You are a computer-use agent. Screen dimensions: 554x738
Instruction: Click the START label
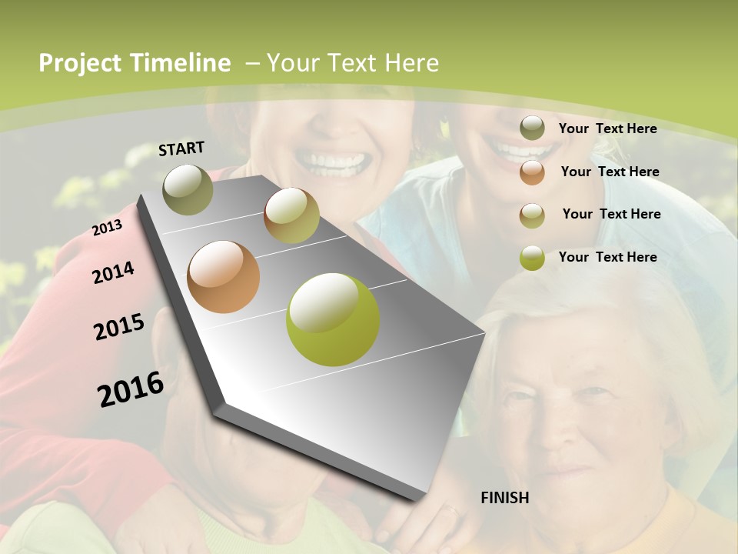click(181, 149)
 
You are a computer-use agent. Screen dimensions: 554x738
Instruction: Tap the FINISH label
click(504, 498)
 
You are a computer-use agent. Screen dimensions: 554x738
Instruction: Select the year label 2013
click(107, 228)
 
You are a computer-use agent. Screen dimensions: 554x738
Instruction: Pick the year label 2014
click(113, 272)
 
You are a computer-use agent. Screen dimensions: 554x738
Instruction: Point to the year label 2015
click(119, 327)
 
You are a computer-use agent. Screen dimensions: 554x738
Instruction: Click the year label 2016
click(131, 389)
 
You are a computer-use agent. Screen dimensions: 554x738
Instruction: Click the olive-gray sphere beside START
click(188, 189)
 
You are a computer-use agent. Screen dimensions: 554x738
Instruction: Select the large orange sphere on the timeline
click(224, 277)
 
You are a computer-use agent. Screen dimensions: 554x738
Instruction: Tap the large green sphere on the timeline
click(333, 319)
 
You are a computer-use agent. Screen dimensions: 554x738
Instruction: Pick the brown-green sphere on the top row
click(291, 215)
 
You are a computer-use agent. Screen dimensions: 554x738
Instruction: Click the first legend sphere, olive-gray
click(532, 128)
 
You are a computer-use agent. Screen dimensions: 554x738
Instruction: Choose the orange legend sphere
click(532, 172)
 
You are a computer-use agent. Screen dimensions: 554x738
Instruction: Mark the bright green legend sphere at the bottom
click(532, 258)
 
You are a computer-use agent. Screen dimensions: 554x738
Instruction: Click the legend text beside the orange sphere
click(610, 172)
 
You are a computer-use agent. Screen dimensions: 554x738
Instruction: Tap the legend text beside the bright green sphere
click(607, 257)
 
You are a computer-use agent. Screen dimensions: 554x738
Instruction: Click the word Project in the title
click(81, 63)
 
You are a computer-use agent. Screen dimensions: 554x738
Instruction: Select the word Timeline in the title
click(181, 63)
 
